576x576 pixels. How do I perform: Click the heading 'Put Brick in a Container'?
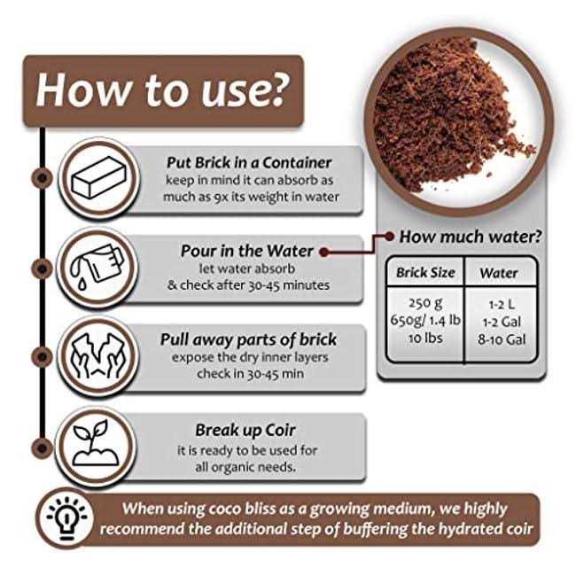click(x=249, y=162)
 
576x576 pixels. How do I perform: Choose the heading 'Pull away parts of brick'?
click(x=248, y=339)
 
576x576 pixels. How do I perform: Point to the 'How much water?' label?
click(x=471, y=237)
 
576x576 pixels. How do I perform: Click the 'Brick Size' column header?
click(x=425, y=273)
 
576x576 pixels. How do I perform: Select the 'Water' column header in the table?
click(x=499, y=273)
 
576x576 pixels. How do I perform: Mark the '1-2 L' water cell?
click(x=499, y=303)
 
